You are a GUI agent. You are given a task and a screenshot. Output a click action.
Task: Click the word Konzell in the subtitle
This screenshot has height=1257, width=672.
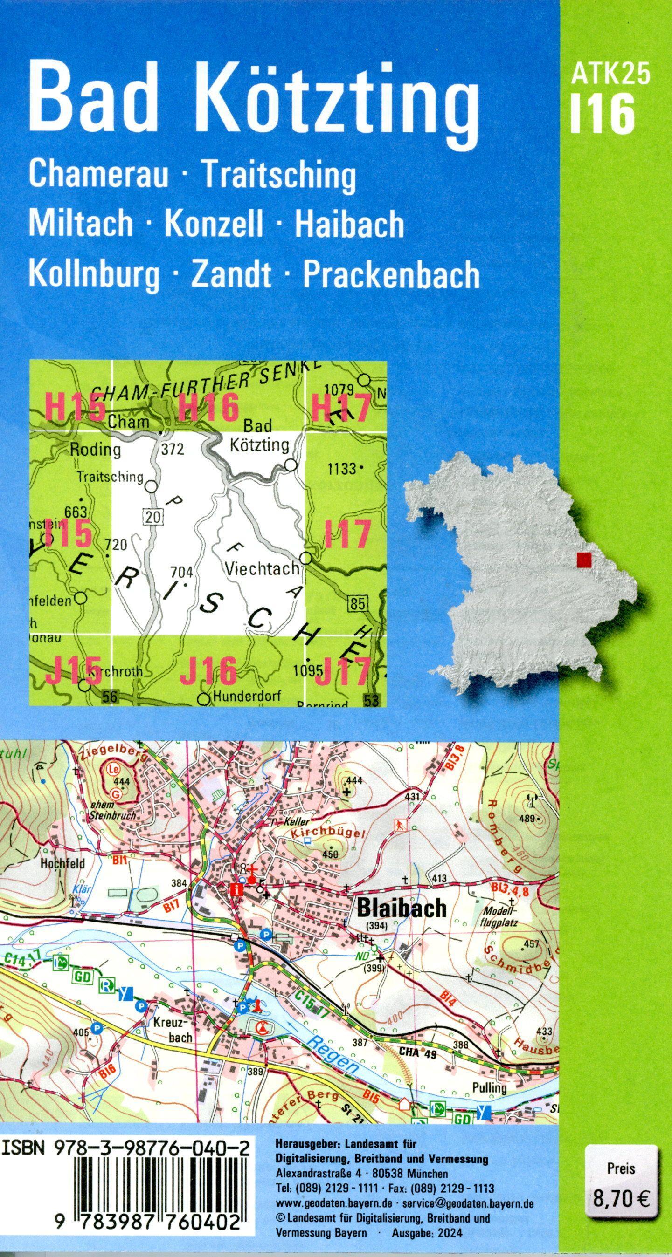(214, 224)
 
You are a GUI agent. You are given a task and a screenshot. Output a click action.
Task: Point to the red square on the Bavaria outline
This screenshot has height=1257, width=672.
(583, 560)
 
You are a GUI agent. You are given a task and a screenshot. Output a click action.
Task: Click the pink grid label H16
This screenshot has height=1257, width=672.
(208, 408)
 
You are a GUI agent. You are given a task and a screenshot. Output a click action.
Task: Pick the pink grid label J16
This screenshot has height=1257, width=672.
(208, 670)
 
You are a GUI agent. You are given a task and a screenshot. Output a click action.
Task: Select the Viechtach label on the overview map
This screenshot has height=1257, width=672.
(262, 568)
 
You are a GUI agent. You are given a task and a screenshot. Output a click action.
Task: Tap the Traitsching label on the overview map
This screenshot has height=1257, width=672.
(110, 477)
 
